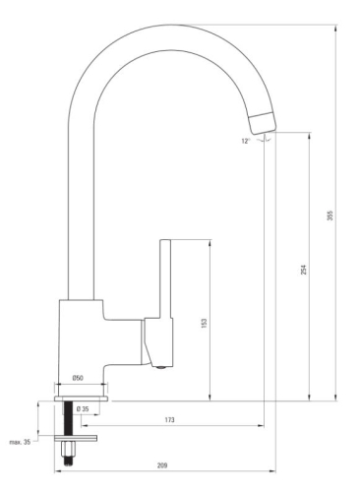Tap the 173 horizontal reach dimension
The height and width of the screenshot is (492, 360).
(170, 420)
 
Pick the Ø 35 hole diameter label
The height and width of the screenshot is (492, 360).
(85, 408)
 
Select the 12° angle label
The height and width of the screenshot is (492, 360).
(245, 141)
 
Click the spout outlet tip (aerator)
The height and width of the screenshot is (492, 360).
(263, 121)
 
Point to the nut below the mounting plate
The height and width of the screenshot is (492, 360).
(70, 452)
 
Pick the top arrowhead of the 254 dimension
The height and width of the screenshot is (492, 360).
(311, 138)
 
